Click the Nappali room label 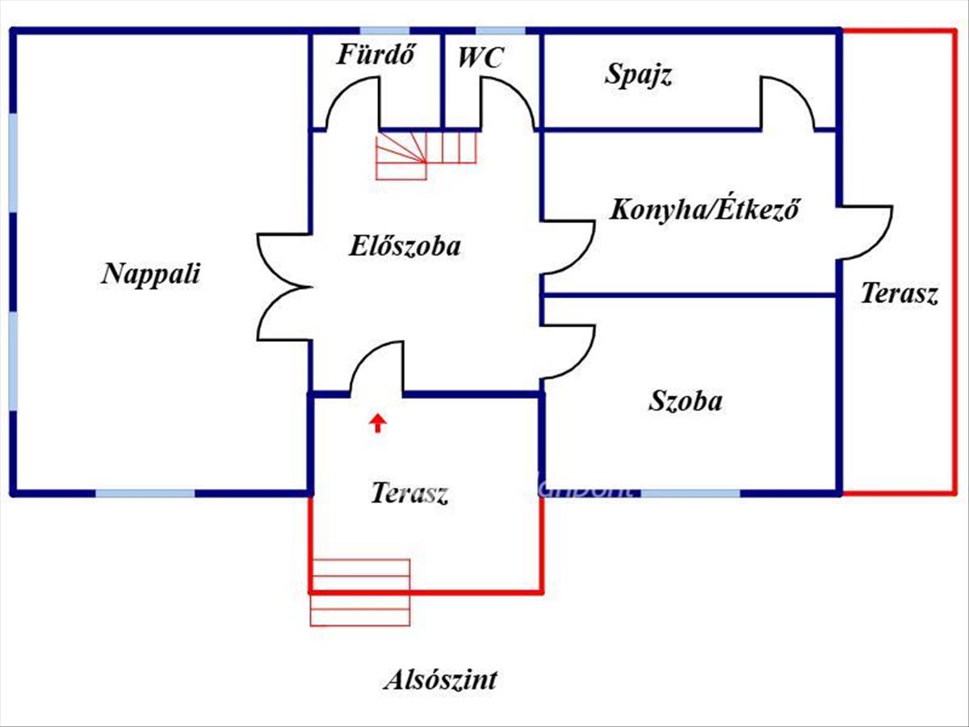pos(150,274)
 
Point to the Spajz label pos(639,75)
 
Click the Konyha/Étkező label pos(704,210)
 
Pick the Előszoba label pos(405,246)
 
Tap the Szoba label pos(686,401)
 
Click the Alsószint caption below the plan pos(439,680)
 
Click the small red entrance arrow pos(378,422)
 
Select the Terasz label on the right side pos(899,292)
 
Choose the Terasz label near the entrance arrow pos(409,493)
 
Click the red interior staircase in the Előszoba pos(426,155)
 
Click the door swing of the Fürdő pos(354,103)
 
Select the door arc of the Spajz pos(786,102)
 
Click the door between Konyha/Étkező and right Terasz pos(865,233)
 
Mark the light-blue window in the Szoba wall pos(690,492)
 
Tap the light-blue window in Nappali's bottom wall pos(145,492)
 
